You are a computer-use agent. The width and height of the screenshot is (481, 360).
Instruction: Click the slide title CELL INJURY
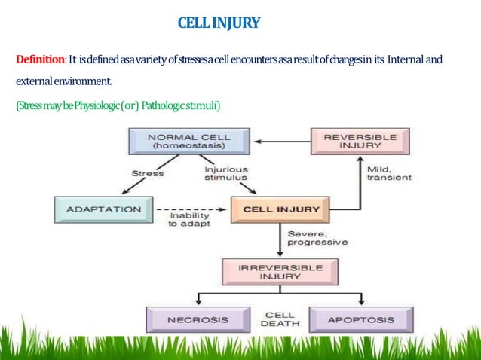point(219,23)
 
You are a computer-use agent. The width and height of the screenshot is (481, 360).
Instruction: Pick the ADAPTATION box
point(103,209)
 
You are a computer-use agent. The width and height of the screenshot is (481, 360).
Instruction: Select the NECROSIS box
point(198,319)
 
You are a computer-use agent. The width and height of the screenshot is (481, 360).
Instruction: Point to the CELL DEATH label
point(280,319)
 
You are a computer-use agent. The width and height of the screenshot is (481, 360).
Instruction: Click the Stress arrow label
point(147,174)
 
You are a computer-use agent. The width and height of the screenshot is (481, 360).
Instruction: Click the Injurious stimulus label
point(227,175)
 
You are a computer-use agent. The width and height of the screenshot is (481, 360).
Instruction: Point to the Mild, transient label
point(389,173)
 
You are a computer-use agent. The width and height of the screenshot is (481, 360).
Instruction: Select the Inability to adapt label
point(188,221)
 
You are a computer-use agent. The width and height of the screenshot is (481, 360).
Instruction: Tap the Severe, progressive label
point(317,239)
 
